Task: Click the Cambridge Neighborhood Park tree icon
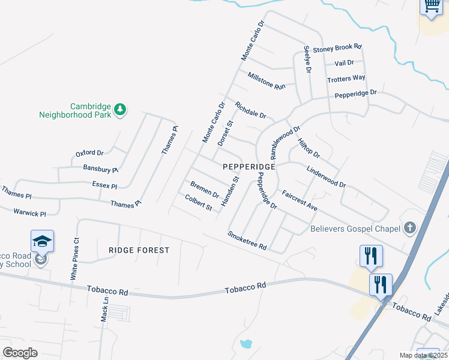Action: (x=121, y=109)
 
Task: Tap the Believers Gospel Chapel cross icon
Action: (x=409, y=227)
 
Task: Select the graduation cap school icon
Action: (x=42, y=241)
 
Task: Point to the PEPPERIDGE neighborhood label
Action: (x=249, y=166)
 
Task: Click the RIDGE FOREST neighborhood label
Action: (x=139, y=250)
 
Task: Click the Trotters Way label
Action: (x=346, y=79)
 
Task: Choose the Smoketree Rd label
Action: (x=247, y=242)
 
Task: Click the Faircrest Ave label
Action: (x=300, y=200)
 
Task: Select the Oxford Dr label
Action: (x=89, y=153)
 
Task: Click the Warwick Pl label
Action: (x=30, y=213)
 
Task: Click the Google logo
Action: (x=20, y=353)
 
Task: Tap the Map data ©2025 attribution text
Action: (x=424, y=355)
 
